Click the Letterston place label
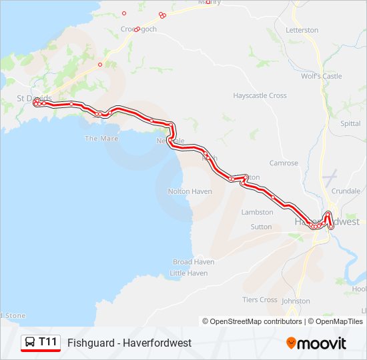tap(302, 31)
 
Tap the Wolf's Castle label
tap(322, 77)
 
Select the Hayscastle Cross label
tap(260, 96)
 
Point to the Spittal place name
tap(350, 124)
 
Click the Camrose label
tap(284, 163)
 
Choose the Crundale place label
tap(346, 191)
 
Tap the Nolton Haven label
tap(190, 192)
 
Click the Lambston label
tap(258, 213)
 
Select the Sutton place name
tap(261, 227)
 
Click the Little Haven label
tap(189, 273)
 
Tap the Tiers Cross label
tap(260, 300)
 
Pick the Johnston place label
tap(296, 301)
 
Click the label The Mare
tap(101, 139)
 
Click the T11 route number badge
tap(48, 343)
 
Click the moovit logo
tap(316, 343)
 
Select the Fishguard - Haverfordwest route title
tap(129, 343)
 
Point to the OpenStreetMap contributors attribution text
tap(253, 321)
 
